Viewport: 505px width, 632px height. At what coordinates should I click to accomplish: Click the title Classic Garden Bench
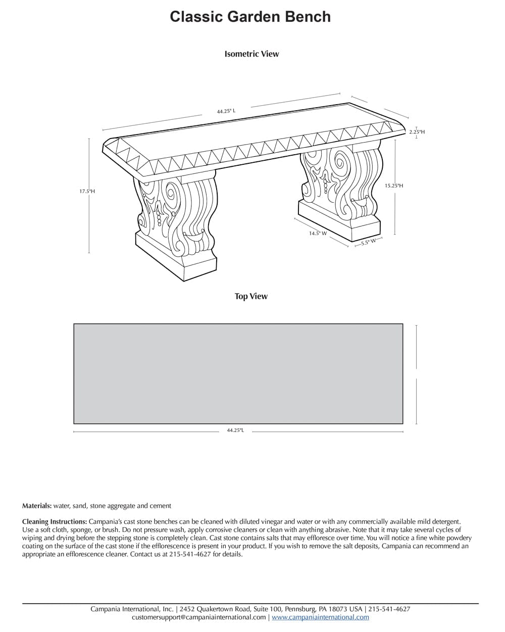point(250,17)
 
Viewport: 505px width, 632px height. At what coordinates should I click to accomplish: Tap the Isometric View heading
point(251,54)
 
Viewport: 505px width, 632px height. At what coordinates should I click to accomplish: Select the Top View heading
point(251,296)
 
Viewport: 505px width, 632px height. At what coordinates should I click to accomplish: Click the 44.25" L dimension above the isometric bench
point(226,111)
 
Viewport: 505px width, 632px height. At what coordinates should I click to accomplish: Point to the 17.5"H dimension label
point(87,192)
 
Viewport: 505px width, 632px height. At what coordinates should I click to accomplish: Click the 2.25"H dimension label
point(417,132)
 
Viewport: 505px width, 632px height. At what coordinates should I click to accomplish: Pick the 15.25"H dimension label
point(394,186)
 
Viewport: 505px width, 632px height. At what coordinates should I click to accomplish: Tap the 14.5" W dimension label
point(318,234)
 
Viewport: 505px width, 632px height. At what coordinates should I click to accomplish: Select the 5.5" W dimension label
point(368,242)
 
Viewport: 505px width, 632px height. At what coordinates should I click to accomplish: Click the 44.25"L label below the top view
point(235,430)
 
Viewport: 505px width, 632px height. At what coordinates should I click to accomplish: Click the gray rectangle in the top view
point(238,373)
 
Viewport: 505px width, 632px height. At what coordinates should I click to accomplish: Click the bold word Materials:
point(37,506)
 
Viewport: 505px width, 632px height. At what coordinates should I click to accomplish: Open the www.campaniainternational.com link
point(320,617)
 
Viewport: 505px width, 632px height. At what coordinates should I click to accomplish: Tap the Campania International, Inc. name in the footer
point(132,609)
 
